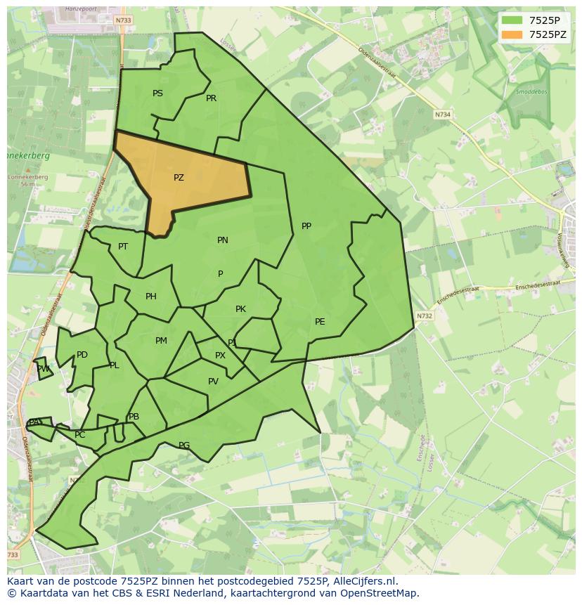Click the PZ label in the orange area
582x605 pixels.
(179, 178)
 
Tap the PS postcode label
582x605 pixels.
(157, 93)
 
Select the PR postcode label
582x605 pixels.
(211, 98)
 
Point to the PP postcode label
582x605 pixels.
(306, 226)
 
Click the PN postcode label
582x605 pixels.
(222, 240)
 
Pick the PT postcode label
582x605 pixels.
(123, 247)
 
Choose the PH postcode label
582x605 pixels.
(150, 297)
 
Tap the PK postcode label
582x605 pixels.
(240, 309)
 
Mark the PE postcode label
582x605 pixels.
(320, 322)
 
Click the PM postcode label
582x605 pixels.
(161, 341)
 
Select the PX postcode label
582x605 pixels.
(220, 356)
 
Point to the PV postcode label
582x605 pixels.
(213, 382)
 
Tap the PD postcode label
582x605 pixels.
(82, 355)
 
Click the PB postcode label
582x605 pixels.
(134, 417)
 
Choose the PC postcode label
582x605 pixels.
(79, 435)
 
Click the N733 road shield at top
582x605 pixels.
(123, 20)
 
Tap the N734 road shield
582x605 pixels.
(442, 115)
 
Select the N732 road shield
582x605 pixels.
(424, 316)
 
